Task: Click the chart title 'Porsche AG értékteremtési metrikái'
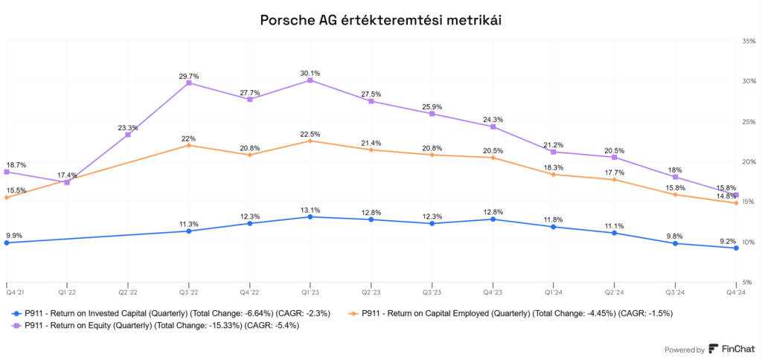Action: click(380, 20)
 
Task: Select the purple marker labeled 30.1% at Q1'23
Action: click(310, 80)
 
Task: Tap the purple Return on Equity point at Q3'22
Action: click(189, 83)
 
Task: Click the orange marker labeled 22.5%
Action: click(310, 141)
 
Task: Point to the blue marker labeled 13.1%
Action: click(310, 216)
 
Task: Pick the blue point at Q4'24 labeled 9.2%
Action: click(736, 248)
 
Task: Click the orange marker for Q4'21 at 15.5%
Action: click(7, 197)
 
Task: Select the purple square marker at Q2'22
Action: click(128, 135)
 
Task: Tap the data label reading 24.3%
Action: click(493, 119)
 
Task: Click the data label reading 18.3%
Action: click(554, 167)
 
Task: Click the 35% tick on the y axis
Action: click(749, 41)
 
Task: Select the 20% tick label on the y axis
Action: click(749, 161)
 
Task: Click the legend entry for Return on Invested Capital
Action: click(171, 313)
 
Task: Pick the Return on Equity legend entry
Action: click(157, 325)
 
